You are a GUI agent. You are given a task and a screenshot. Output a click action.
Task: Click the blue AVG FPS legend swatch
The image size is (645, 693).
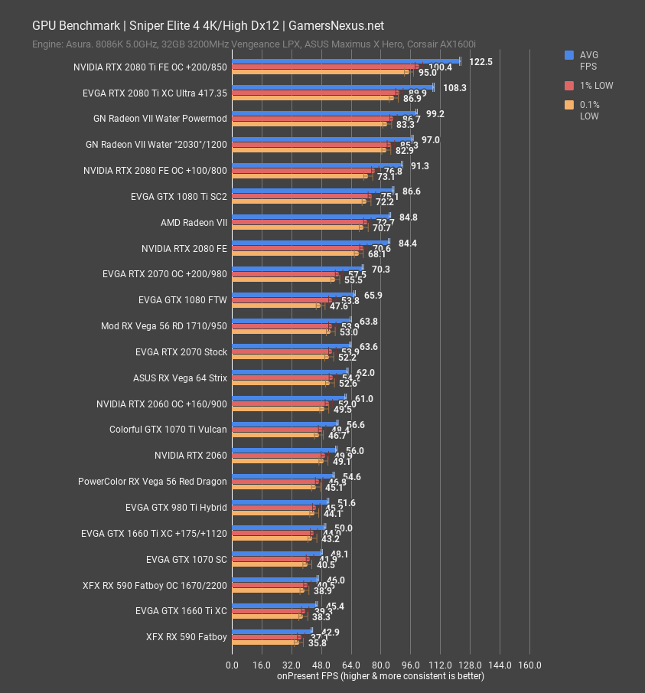(x=569, y=55)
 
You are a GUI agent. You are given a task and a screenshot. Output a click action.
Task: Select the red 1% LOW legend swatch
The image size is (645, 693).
(x=569, y=86)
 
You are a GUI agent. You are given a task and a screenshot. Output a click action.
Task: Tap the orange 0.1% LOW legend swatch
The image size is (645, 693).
(x=569, y=105)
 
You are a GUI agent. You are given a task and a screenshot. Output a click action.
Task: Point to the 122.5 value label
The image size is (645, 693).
(x=480, y=62)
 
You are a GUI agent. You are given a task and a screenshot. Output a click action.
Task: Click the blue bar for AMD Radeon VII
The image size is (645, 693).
(x=311, y=216)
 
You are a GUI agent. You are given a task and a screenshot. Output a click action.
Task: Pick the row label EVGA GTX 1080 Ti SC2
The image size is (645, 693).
(x=179, y=197)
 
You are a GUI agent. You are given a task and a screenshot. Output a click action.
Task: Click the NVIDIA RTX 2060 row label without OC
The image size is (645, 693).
(x=191, y=456)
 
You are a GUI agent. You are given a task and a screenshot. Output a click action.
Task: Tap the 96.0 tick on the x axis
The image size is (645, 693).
(x=410, y=665)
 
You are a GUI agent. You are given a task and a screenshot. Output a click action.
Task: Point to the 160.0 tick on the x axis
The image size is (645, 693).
(x=529, y=665)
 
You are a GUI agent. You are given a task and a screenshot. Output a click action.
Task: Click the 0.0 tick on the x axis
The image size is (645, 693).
(x=233, y=665)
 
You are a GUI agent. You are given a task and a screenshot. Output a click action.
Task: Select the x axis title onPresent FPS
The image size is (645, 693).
(x=380, y=676)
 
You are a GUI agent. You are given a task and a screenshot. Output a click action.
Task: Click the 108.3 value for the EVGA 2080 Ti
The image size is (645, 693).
(x=454, y=88)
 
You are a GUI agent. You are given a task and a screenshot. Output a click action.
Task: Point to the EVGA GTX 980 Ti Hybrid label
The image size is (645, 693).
(x=176, y=507)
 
